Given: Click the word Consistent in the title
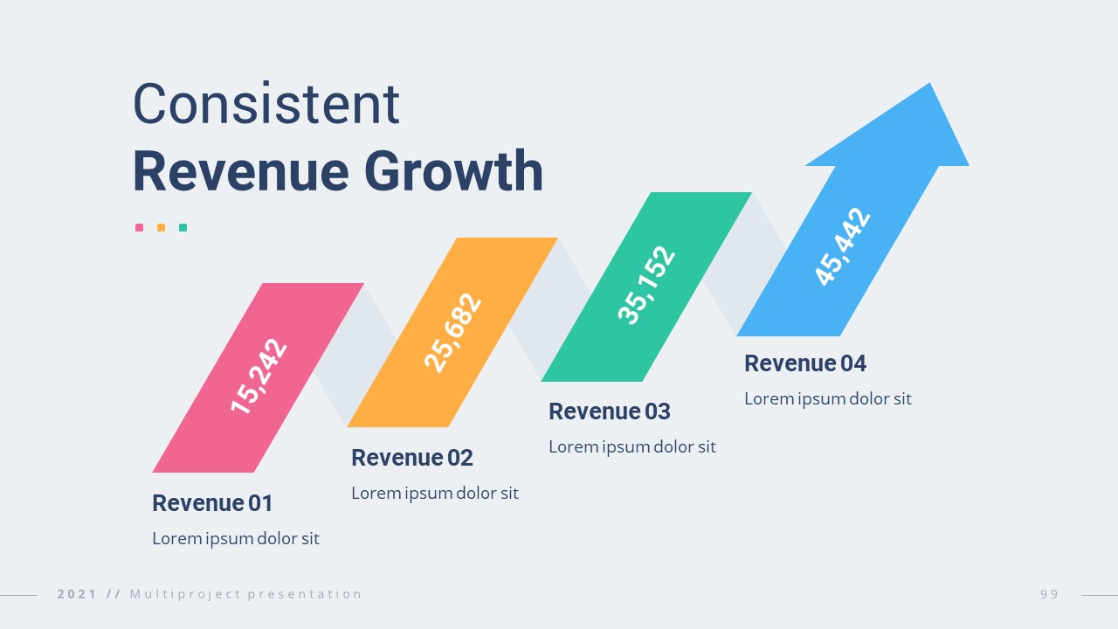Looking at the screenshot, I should (x=266, y=104).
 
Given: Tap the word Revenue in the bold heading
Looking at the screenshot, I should (x=240, y=171).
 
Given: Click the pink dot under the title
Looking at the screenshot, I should (x=139, y=228).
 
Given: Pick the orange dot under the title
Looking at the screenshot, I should (x=161, y=228).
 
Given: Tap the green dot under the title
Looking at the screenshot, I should (x=183, y=228).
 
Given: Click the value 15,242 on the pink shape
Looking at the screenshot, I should (x=259, y=377).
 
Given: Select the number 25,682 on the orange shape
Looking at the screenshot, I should (x=452, y=333).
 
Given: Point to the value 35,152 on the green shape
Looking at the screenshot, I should (x=646, y=286).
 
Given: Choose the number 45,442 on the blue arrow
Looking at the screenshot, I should (x=843, y=247).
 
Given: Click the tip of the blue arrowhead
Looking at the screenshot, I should (x=929, y=86).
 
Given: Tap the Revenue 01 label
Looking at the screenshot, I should (x=212, y=503).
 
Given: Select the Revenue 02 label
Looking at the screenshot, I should (x=411, y=458).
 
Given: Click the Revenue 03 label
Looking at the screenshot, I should (x=609, y=411).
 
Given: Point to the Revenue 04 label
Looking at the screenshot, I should (x=804, y=363).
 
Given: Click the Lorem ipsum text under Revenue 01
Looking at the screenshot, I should (x=236, y=538).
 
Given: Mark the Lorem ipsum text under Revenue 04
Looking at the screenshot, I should (x=827, y=399).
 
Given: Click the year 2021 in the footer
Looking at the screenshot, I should (x=77, y=594).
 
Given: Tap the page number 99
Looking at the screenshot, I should (x=1049, y=594).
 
